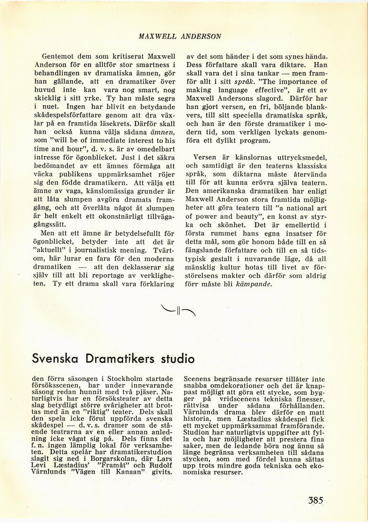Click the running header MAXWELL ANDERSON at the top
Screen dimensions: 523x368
[180, 36]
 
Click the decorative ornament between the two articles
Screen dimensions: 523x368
[178, 310]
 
